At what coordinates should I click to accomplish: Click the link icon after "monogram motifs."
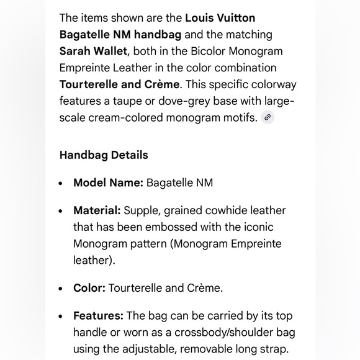(x=268, y=117)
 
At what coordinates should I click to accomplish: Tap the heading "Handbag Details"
(x=104, y=155)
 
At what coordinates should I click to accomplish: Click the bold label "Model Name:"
(x=108, y=182)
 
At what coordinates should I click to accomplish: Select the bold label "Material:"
(x=97, y=211)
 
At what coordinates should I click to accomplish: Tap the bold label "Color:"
(x=89, y=288)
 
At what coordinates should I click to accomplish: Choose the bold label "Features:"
(x=98, y=316)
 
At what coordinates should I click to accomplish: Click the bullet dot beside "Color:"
(x=61, y=289)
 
